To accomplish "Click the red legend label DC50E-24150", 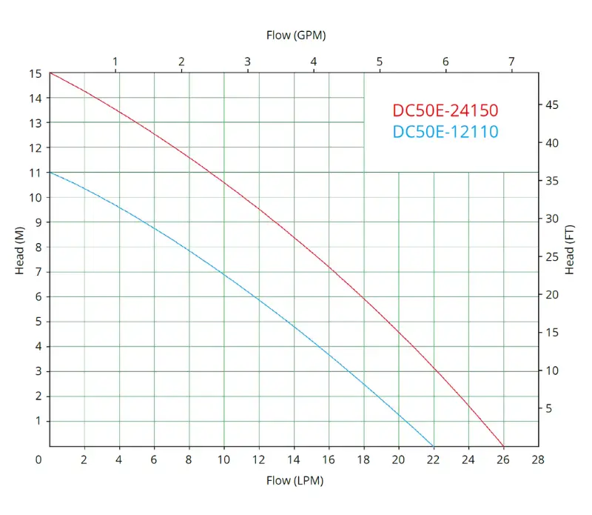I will (445, 110).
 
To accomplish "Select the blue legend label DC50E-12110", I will (445, 132).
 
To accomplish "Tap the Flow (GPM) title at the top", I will (296, 35).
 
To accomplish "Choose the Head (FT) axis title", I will (570, 249).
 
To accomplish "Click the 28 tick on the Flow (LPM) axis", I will (538, 459).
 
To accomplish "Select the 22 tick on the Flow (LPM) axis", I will (434, 459).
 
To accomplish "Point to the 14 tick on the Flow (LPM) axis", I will (294, 459).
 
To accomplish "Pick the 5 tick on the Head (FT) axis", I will (549, 408).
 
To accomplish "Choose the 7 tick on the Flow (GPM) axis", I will (511, 62).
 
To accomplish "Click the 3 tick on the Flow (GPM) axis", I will (247, 62).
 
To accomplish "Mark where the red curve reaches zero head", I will (503, 445).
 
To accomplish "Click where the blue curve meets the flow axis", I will (433, 445).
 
